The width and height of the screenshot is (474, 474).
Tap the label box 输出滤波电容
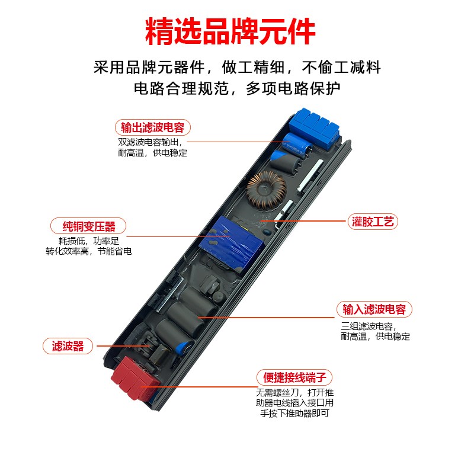152,128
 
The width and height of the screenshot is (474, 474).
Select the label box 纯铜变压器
88,226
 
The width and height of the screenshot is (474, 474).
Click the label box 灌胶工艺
372,222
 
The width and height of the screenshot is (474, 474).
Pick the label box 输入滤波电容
374,309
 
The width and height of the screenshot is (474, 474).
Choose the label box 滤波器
68,346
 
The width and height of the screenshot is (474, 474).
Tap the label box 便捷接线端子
294,377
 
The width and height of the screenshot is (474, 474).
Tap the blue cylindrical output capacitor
294,145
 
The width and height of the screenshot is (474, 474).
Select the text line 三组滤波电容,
368,326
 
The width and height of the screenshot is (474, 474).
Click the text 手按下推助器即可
294,414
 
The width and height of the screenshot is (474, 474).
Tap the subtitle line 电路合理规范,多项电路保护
237,89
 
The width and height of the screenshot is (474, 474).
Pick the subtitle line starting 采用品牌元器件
237,67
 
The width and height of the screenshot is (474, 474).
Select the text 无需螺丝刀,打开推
294,393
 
